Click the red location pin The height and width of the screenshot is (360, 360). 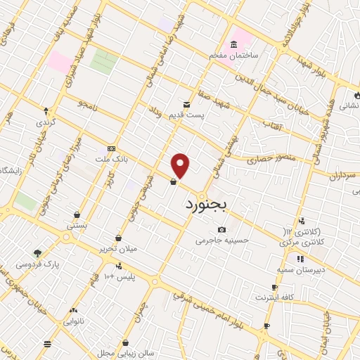181,166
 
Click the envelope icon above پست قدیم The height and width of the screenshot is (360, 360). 186,102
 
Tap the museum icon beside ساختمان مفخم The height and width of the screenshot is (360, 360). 233,44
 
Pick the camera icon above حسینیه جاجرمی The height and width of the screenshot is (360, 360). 222,229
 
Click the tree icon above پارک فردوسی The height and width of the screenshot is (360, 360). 37,253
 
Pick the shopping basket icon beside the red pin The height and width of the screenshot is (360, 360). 173,182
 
